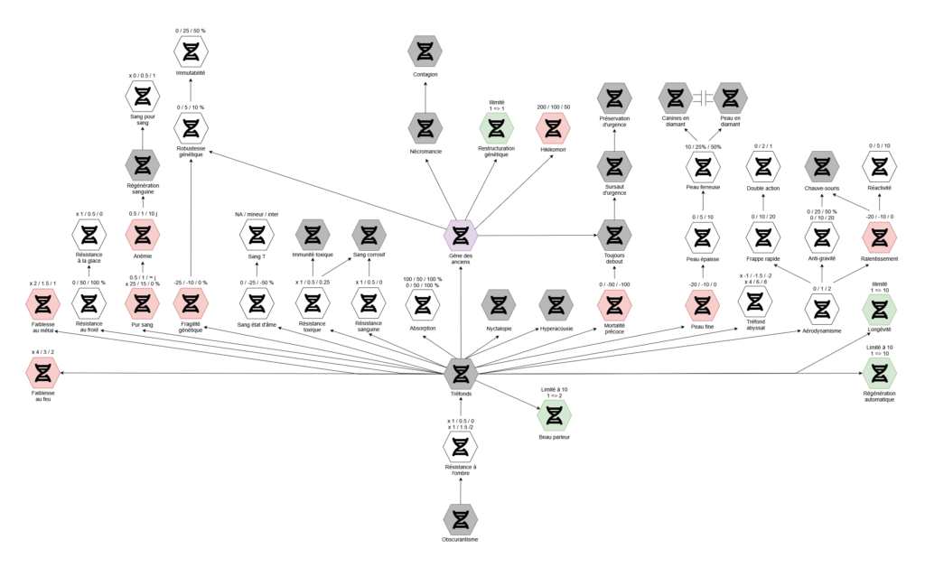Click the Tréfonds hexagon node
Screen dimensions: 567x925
tap(461, 372)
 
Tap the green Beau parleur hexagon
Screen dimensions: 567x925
tap(555, 415)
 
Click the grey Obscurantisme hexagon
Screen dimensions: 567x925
tap(461, 518)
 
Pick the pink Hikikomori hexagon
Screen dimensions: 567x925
tap(553, 127)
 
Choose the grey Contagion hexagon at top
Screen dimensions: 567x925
tap(424, 51)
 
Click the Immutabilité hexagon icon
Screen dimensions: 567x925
tap(191, 51)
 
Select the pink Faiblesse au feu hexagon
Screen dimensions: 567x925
tap(42, 372)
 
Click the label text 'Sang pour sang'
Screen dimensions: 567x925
tap(143, 118)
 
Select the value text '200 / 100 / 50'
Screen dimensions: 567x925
tap(553, 107)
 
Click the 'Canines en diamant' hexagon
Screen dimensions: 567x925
tap(675, 97)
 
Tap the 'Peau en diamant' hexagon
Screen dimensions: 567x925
tap(730, 97)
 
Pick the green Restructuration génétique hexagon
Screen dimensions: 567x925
tap(497, 127)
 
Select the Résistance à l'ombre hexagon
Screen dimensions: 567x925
tap(461, 446)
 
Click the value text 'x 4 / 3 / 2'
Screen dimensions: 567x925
tap(42, 351)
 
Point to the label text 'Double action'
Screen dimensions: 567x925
tap(764, 188)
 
